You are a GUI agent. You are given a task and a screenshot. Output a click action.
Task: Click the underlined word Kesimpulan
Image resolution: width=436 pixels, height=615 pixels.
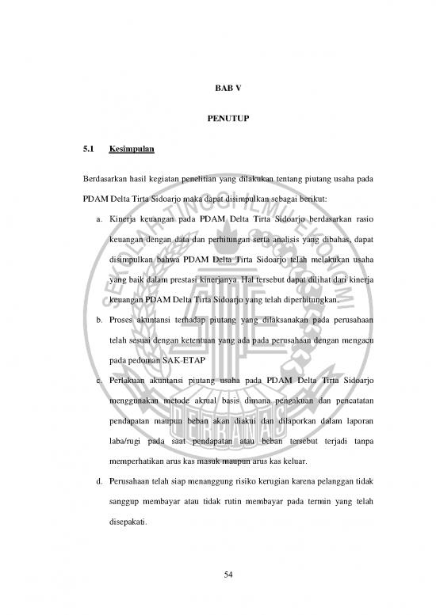pos(132,149)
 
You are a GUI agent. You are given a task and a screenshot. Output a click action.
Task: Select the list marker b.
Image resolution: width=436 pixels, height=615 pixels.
pos(94,321)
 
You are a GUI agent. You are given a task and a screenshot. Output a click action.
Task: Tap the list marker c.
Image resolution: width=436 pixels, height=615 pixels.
pos(94,382)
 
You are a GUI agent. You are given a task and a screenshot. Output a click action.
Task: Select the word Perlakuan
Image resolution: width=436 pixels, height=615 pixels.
pos(129,382)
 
